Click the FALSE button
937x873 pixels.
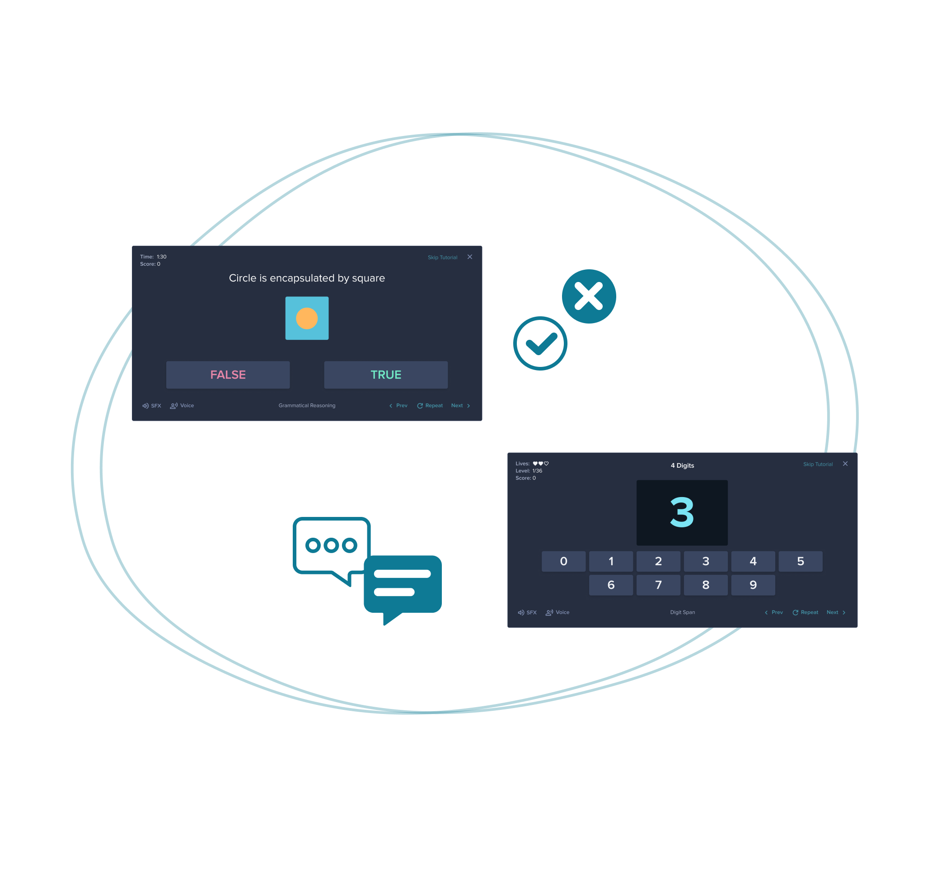point(228,375)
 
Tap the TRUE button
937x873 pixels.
point(385,375)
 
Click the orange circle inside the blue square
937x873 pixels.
point(307,318)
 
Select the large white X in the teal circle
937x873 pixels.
point(589,296)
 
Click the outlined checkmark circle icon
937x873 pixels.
point(540,343)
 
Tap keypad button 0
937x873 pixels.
point(563,561)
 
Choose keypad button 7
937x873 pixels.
point(658,585)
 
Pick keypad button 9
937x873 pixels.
point(753,585)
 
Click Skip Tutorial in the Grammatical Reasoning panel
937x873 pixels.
point(442,258)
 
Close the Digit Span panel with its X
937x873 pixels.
point(845,464)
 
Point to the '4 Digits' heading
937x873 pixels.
point(682,465)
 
